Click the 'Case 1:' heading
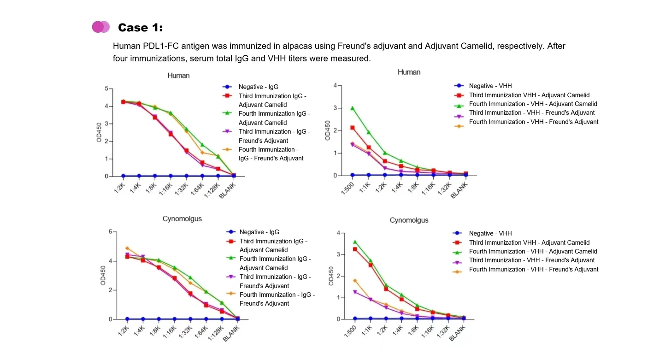[x=140, y=28]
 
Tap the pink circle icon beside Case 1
[x=100, y=27]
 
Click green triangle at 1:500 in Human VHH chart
[x=353, y=108]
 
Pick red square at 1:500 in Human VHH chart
[x=353, y=128]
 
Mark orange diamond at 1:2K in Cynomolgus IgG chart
[x=127, y=248]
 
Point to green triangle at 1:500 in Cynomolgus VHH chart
[x=354, y=242]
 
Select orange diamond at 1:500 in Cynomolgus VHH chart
[x=354, y=280]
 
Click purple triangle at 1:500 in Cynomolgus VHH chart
[x=354, y=292]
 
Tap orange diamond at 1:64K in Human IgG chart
[x=202, y=153]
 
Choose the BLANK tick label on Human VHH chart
[x=459, y=189]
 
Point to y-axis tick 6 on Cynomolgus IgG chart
[x=110, y=231]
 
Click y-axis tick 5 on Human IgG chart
[x=106, y=89]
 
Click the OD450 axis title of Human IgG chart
[x=99, y=132]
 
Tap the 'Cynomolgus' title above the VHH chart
[x=409, y=220]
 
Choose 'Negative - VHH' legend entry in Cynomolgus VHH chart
[x=490, y=234]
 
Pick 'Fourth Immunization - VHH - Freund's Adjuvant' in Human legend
[x=533, y=122]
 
